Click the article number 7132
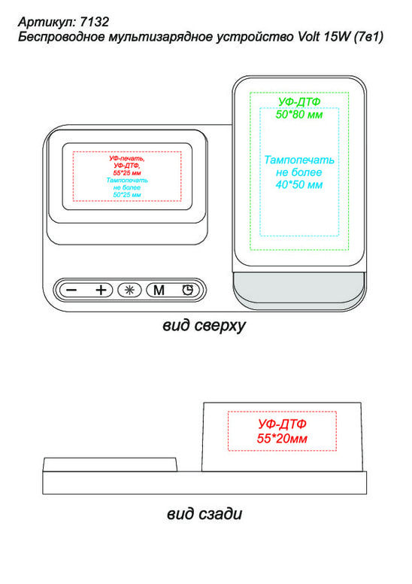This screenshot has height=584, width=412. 95,22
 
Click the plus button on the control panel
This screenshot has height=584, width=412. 101,290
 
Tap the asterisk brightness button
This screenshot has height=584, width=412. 129,290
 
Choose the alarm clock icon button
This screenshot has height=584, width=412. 188,290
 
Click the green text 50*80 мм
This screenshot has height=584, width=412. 299,114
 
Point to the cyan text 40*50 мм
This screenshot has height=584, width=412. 299,184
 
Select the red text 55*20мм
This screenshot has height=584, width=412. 282,439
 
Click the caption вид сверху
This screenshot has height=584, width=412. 204,326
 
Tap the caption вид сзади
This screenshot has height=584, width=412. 204,513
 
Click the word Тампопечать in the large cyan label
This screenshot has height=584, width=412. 299,160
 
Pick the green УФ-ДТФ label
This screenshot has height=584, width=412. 299,102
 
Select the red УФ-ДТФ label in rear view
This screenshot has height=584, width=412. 282,424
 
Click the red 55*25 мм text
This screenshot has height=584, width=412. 127,173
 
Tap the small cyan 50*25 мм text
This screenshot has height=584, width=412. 127,195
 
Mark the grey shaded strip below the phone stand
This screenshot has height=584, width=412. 299,286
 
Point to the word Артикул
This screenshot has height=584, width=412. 47,23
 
